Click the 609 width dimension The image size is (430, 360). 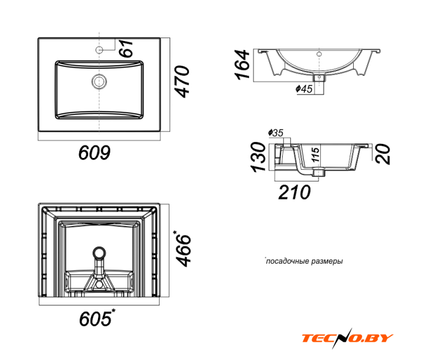pyautogui.click(x=94, y=153)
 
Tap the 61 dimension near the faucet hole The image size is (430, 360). pyautogui.click(x=127, y=48)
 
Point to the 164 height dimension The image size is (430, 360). pyautogui.click(x=243, y=65)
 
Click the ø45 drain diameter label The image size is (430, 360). pyautogui.click(x=304, y=89)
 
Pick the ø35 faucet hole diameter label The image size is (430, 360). pyautogui.click(x=275, y=133)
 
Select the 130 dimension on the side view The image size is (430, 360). pyautogui.click(x=259, y=157)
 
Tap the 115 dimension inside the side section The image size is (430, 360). pyautogui.click(x=316, y=154)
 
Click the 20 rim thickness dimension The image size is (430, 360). pyautogui.click(x=383, y=154)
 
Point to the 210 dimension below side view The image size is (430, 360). pyautogui.click(x=294, y=192)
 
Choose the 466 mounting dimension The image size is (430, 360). pyautogui.click(x=183, y=249)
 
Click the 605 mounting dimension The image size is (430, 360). pyautogui.click(x=97, y=318)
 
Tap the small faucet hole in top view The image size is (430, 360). pyautogui.click(x=99, y=50)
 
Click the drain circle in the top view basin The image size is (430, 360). pyautogui.click(x=99, y=82)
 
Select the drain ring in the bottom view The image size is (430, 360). pyautogui.click(x=99, y=253)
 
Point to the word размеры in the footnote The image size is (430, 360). pyautogui.click(x=327, y=261)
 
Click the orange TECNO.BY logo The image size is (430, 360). pyautogui.click(x=347, y=338)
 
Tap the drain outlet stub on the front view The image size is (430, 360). pyautogui.click(x=319, y=78)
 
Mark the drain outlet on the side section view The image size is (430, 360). pyautogui.click(x=319, y=173)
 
